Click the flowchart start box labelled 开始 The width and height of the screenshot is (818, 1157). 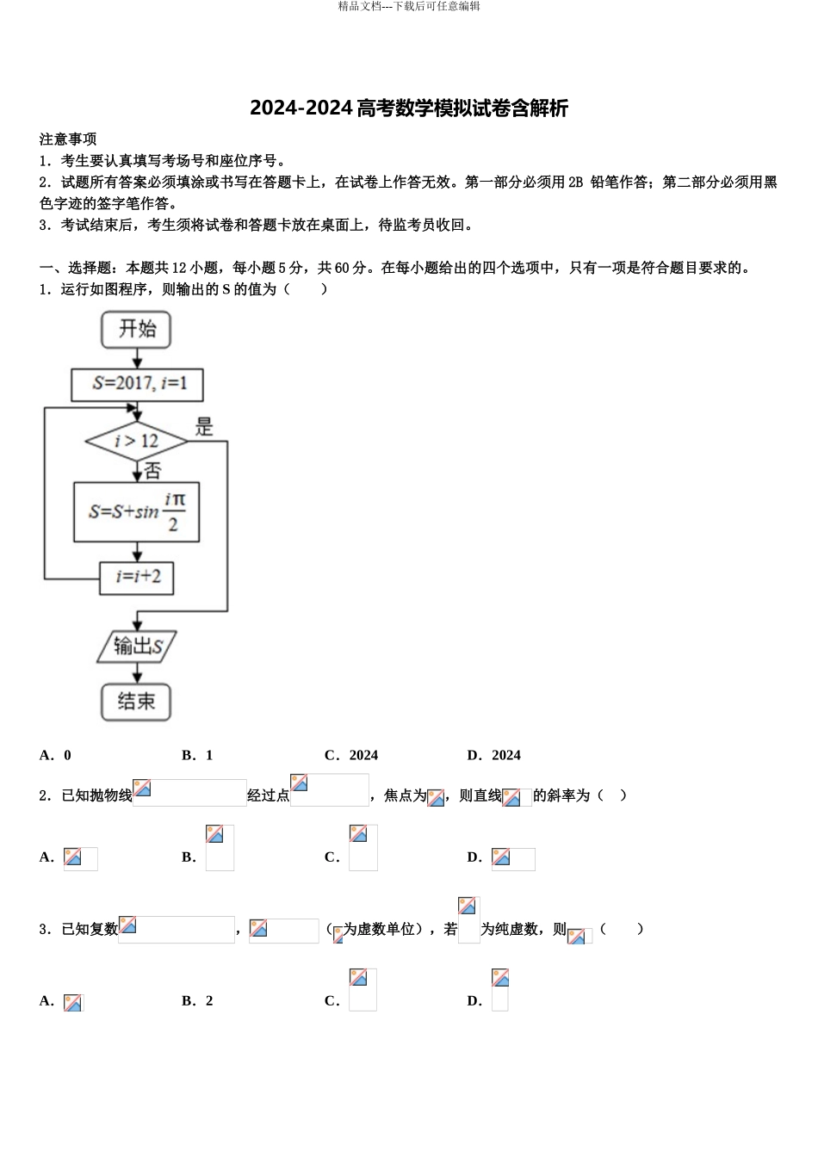tap(136, 330)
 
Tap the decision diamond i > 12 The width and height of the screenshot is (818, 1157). tap(136, 442)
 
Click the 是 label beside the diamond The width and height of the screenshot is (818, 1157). tap(204, 426)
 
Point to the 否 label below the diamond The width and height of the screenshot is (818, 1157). tap(152, 471)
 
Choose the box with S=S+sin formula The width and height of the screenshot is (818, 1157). tap(137, 511)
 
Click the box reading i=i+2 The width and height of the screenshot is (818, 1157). tap(137, 577)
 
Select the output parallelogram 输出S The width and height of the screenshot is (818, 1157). tap(136, 647)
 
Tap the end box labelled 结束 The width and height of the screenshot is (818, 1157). tap(136, 702)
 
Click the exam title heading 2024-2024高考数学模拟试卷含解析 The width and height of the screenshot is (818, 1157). tap(409, 108)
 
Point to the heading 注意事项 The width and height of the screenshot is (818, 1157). tap(68, 139)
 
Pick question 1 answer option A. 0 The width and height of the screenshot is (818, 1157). tap(56, 755)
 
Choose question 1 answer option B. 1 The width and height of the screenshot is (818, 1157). tap(197, 755)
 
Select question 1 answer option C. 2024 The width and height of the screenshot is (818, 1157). tap(351, 755)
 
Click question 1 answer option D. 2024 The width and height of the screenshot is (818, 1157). tap(494, 755)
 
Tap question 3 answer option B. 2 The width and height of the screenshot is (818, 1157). tap(197, 1000)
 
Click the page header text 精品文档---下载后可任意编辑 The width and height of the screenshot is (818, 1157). tap(409, 6)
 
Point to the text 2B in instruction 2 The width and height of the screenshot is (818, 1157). tap(576, 182)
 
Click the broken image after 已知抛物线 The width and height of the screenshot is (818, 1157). tap(189, 792)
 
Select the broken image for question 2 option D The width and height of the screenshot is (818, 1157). tap(513, 858)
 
